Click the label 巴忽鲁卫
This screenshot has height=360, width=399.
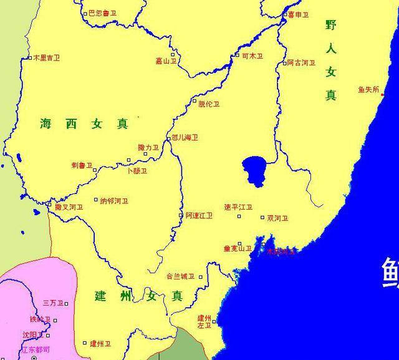tap(102, 12)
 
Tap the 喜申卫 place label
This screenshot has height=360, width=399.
tap(298, 14)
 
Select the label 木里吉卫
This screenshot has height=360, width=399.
tap(47, 57)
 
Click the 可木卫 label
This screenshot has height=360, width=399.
tap(252, 56)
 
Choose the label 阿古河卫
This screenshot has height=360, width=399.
tap(302, 63)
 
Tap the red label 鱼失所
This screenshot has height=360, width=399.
tap(368, 89)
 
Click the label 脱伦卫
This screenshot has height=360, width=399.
tap(209, 104)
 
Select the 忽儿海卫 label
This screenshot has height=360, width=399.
tap(185, 137)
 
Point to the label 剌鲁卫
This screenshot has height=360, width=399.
tap(81, 165)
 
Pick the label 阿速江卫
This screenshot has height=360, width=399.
tap(199, 215)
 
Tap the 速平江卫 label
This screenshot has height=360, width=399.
tap(238, 207)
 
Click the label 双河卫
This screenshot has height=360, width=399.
tap(277, 218)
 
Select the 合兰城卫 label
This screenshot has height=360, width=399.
tap(180, 276)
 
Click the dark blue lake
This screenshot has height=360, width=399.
tap(256, 169)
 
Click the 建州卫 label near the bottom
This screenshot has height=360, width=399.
tap(100, 343)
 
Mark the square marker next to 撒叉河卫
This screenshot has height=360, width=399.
tap(50, 204)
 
